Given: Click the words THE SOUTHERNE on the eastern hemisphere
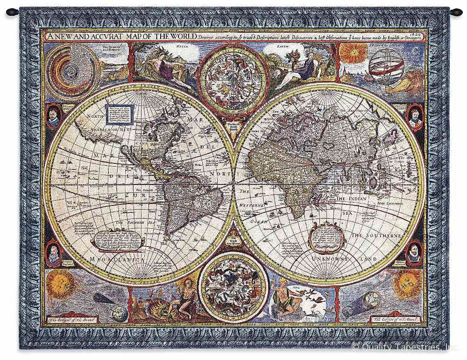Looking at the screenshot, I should tap(376, 236).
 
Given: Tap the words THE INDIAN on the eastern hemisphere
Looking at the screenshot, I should tap(353, 199).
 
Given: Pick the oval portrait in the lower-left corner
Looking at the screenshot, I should tap(54, 253).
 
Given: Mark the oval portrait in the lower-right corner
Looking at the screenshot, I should tap(413, 253).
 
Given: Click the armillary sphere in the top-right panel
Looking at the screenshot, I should tap(386, 66).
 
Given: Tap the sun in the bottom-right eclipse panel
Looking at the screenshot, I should tap(406, 283).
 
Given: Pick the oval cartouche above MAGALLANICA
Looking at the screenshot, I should tap(117, 240).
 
